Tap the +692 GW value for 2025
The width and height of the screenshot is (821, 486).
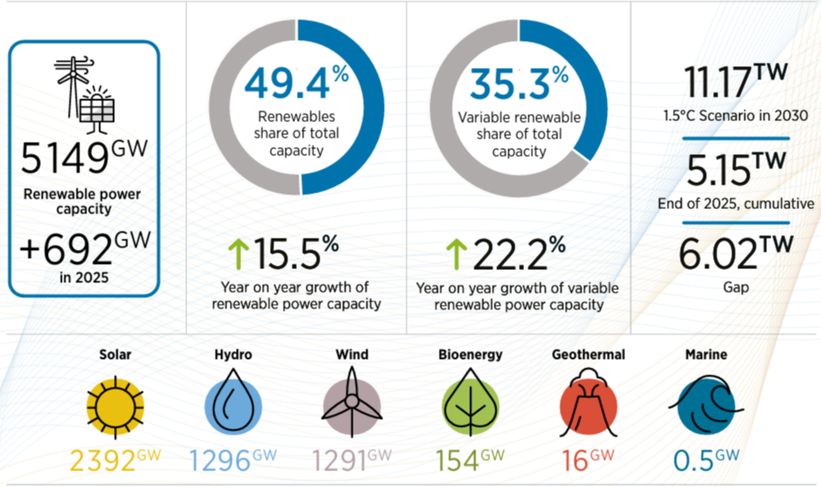click(x=84, y=250)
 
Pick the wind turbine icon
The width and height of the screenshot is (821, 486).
click(x=352, y=406)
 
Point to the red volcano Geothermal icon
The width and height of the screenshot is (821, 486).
click(x=589, y=406)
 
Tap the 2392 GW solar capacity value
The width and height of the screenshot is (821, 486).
click(x=117, y=460)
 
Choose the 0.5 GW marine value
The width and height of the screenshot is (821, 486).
click(x=706, y=460)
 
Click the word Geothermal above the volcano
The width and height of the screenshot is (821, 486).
click(x=589, y=354)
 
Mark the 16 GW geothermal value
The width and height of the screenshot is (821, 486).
click(x=589, y=460)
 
